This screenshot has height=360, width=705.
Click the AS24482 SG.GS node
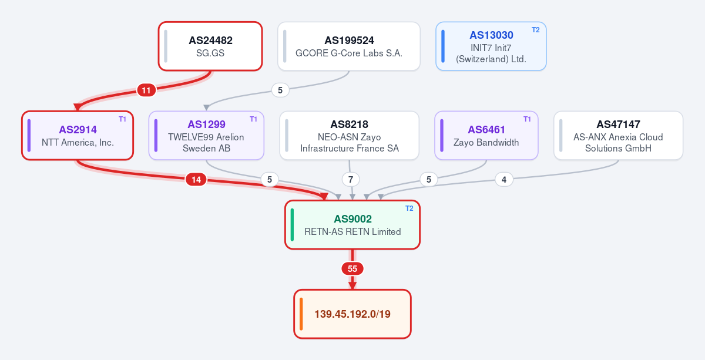click(210, 46)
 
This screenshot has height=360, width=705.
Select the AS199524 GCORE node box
click(349, 46)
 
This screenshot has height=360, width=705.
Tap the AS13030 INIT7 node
click(491, 46)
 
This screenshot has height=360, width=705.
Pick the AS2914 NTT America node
click(78, 135)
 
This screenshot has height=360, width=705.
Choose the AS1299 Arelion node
click(206, 135)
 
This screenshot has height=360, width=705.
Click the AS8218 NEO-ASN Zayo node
click(350, 135)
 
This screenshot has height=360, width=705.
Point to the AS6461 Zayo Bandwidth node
click(486, 135)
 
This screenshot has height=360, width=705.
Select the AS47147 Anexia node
click(619, 135)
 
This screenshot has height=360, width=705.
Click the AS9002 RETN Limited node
click(352, 225)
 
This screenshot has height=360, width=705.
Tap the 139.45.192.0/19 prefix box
click(352, 314)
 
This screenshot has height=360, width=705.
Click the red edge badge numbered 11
click(146, 90)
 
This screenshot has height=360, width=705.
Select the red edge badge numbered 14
click(196, 180)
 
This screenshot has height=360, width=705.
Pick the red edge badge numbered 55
click(352, 269)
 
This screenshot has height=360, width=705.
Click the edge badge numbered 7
click(351, 180)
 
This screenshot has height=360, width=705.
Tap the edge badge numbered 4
click(504, 180)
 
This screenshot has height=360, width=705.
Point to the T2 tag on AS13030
click(536, 30)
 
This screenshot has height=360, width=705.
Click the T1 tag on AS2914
click(122, 119)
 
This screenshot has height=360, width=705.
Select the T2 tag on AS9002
click(409, 208)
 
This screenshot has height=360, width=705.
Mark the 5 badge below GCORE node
click(280, 90)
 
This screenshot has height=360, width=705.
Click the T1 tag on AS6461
click(527, 119)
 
